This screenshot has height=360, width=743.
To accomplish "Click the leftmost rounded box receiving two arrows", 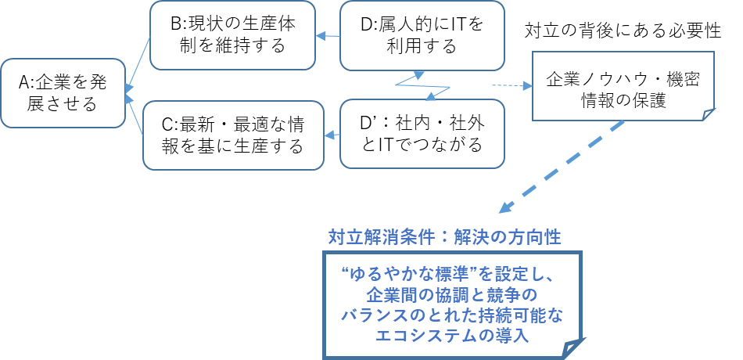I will click(x=63, y=93).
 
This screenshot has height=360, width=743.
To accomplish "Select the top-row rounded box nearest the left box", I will click(x=232, y=35).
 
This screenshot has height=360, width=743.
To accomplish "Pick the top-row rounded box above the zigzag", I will click(x=422, y=35).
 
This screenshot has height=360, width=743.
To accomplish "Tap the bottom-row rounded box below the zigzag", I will click(x=422, y=134).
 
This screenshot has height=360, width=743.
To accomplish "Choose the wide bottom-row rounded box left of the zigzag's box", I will click(x=233, y=135).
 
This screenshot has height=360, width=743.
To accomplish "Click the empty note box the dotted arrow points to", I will click(x=623, y=85).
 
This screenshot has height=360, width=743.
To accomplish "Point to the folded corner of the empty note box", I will click(x=709, y=115).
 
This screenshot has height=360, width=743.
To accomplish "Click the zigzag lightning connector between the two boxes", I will click(x=422, y=85).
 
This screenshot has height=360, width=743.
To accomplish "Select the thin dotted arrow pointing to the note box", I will click(x=509, y=85).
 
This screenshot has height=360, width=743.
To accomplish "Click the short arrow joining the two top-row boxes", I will click(x=328, y=35).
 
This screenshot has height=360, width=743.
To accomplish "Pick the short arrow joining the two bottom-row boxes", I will click(x=332, y=135).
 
